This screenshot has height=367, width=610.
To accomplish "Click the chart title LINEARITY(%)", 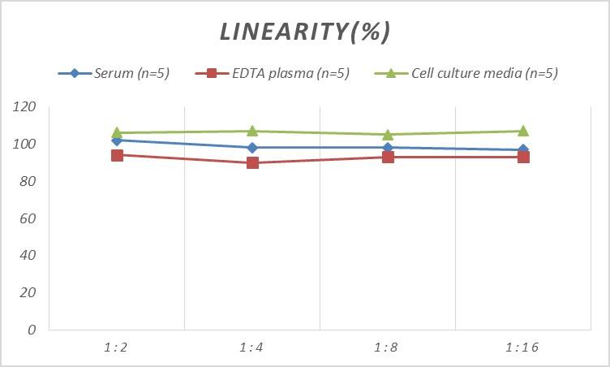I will point(305,32).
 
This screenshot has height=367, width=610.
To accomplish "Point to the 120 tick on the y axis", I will point(25,107).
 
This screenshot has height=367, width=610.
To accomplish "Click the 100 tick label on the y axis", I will point(25,145).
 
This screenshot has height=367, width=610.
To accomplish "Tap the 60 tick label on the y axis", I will point(28,218).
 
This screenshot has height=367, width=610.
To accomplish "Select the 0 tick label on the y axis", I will point(32,330).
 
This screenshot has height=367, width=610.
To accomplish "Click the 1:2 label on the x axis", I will point(117,348).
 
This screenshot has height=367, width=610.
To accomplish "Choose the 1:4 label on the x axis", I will point(252,348).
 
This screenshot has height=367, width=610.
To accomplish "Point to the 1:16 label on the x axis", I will point(522,348).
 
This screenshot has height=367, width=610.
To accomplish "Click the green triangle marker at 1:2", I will point(117,132).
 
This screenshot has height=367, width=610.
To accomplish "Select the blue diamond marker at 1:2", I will point(117,140).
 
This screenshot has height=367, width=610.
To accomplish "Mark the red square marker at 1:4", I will point(252,162).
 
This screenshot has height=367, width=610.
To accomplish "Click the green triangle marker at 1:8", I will point(388,134).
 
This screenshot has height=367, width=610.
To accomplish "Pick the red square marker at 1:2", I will point(117,155).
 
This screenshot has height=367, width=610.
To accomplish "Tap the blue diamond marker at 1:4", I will point(252,148).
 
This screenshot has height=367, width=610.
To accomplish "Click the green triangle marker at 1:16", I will point(523,131).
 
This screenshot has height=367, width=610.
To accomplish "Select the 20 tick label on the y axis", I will point(28,292).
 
